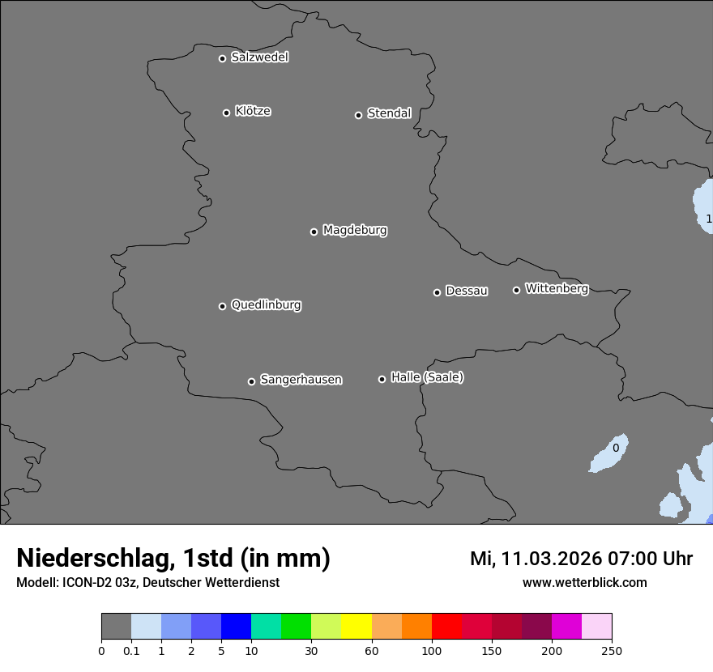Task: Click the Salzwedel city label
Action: (x=259, y=57)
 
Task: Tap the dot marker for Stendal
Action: (x=358, y=115)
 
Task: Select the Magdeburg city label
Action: (x=355, y=231)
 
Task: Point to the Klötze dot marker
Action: (x=226, y=113)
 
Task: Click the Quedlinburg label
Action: (x=266, y=305)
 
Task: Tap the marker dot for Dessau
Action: (x=437, y=292)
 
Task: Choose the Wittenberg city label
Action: (x=557, y=288)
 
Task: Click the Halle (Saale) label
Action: (x=427, y=377)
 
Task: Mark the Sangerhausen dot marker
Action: (x=251, y=381)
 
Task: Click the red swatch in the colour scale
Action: (x=446, y=627)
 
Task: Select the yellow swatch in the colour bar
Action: (x=356, y=627)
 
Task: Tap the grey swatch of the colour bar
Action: (x=116, y=627)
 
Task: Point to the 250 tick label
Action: (x=612, y=650)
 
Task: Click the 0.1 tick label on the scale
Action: (x=131, y=650)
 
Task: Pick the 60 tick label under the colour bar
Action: (x=372, y=650)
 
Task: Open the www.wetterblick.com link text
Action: (x=584, y=583)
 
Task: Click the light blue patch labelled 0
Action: (x=609, y=455)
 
